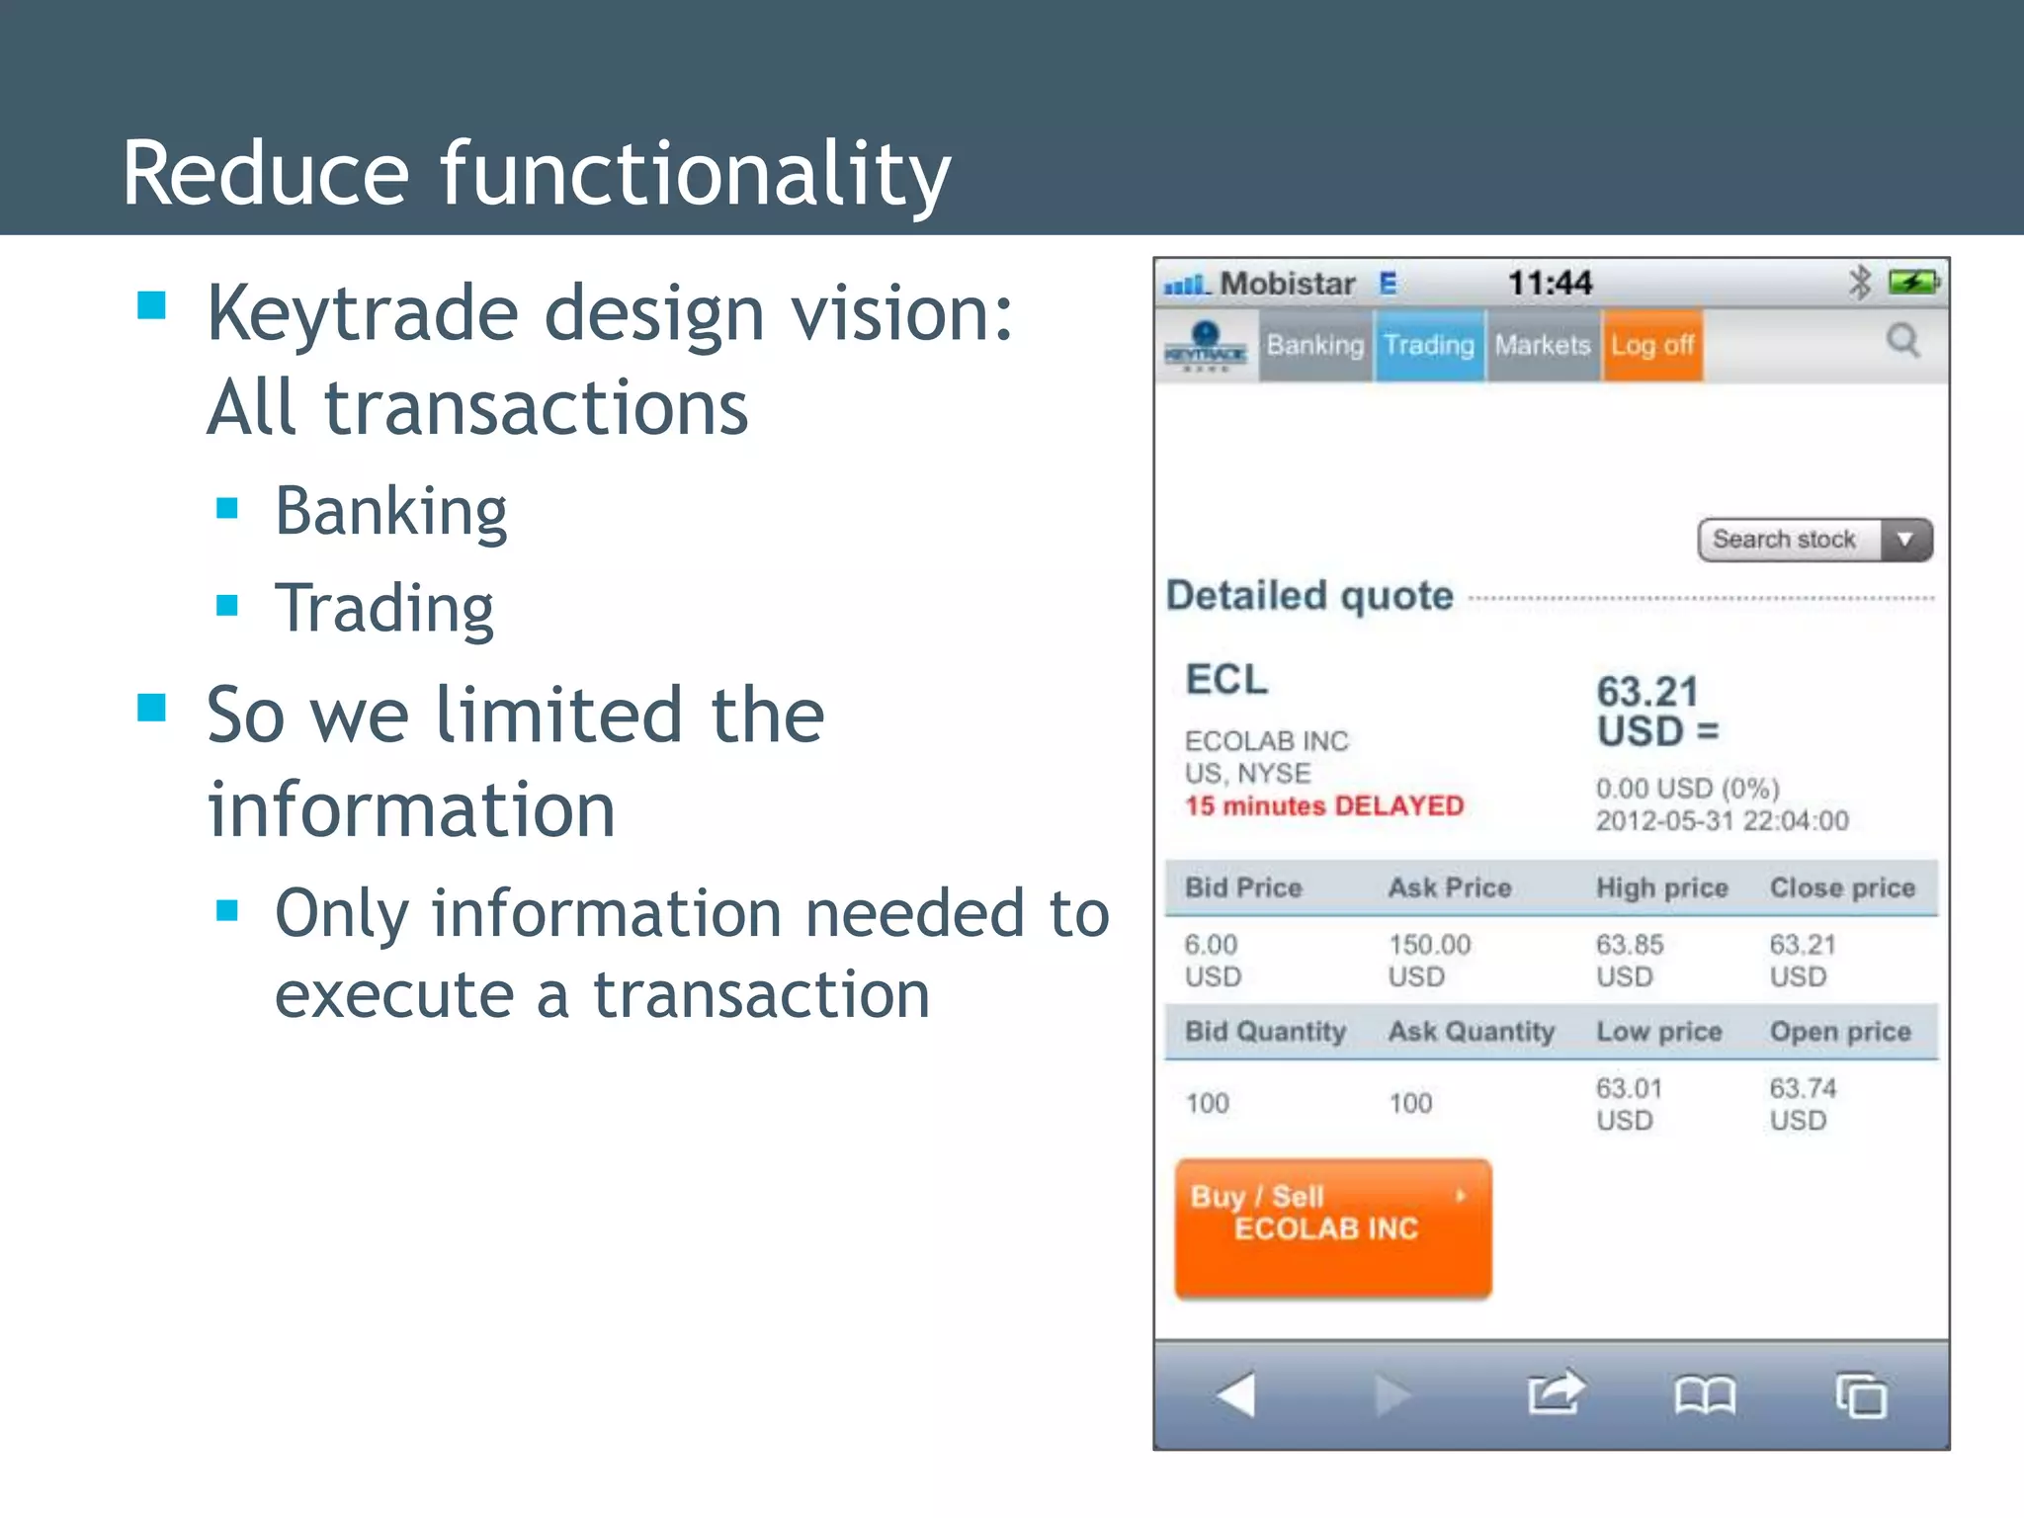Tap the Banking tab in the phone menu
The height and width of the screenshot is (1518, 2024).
pyautogui.click(x=1314, y=345)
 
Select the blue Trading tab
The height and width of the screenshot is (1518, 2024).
pyautogui.click(x=1429, y=345)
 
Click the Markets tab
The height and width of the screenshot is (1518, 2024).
pyautogui.click(x=1543, y=345)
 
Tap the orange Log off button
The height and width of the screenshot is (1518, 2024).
pyautogui.click(x=1652, y=345)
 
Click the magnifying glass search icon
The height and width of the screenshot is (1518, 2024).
pyautogui.click(x=1902, y=342)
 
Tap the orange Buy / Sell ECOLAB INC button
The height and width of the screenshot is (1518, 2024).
pyautogui.click(x=1332, y=1227)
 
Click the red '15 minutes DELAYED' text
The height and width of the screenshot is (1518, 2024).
pyautogui.click(x=1324, y=806)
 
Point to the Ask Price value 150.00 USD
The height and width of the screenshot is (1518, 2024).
pyautogui.click(x=1430, y=960)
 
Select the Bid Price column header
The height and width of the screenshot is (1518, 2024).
pyautogui.click(x=1243, y=887)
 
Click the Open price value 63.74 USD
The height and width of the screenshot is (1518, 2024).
pyautogui.click(x=1803, y=1104)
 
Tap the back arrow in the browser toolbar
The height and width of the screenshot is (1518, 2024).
pyautogui.click(x=1235, y=1394)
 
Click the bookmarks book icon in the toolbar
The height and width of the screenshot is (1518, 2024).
pyautogui.click(x=1705, y=1395)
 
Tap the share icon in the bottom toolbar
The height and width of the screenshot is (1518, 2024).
pyautogui.click(x=1555, y=1393)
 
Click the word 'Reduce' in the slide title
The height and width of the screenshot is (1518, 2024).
pyautogui.click(x=265, y=174)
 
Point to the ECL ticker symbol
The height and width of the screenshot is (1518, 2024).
pyautogui.click(x=1226, y=680)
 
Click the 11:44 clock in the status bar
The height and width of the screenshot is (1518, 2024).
pyautogui.click(x=1550, y=284)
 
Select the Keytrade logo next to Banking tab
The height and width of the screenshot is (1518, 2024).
pyautogui.click(x=1206, y=346)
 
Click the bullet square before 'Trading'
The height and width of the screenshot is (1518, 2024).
pyautogui.click(x=227, y=605)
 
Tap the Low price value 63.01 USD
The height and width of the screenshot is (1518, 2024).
pyautogui.click(x=1629, y=1104)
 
